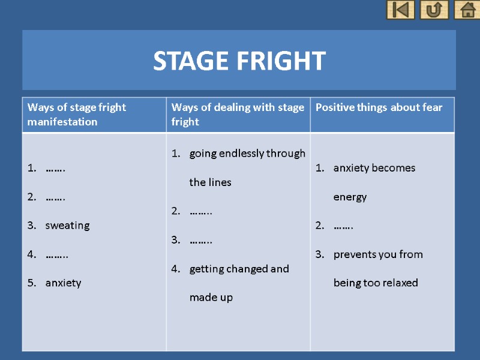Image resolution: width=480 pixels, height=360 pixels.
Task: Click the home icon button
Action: pos(467,10)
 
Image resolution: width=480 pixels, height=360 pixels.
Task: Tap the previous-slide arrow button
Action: pos(400,10)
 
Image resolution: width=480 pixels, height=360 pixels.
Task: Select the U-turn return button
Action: pos(434,10)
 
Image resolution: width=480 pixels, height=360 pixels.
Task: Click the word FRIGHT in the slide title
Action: pos(280,61)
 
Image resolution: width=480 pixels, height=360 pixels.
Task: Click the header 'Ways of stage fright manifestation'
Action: pos(77,115)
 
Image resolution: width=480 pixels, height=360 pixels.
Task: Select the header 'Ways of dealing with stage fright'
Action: pos(238,115)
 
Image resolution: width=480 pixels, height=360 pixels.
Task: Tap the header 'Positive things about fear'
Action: pos(379,107)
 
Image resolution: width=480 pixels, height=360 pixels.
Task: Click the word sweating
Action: pos(67,226)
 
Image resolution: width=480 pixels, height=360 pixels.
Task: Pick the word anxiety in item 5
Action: pos(63,283)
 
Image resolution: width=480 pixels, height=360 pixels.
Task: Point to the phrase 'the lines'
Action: pos(210,182)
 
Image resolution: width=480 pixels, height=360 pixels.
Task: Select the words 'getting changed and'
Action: pos(239,269)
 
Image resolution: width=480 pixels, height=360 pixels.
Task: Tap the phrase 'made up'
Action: pos(211,298)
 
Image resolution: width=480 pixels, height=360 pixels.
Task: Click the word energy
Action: pos(350,197)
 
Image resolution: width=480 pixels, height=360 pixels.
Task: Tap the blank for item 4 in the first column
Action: pos(56,254)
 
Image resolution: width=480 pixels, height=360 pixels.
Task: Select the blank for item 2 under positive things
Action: pos(343,226)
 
